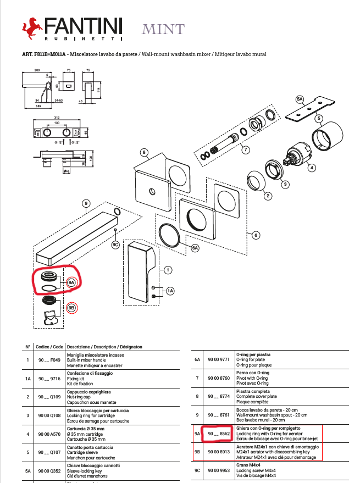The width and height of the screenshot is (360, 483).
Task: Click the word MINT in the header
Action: coord(163,29)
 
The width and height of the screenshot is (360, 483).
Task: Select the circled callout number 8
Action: coord(144,152)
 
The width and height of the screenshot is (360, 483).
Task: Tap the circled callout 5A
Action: coord(300,99)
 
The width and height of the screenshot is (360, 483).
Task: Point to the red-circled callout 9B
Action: coord(72,308)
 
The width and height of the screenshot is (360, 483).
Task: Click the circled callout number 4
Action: coord(311,168)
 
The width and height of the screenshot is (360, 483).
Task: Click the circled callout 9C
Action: coord(115,244)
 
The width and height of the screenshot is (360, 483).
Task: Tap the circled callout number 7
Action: coord(246,149)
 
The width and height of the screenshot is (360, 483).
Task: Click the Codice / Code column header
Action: coord(50,347)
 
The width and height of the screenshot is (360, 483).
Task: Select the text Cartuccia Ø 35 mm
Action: coord(86,428)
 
